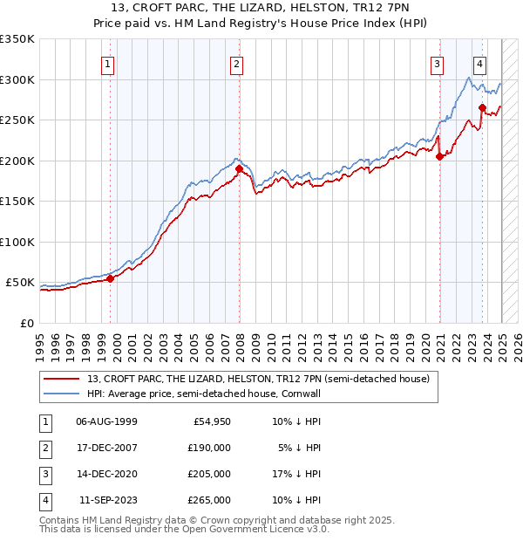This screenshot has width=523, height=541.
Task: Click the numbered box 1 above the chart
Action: point(107,63)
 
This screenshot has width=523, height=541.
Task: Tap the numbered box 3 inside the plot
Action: point(437,63)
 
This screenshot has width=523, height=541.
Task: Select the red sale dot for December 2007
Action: point(240,168)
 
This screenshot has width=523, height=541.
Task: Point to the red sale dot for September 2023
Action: point(482,108)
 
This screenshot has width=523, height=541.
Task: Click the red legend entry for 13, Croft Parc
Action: point(258,380)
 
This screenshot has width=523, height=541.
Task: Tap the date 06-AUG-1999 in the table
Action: point(106,421)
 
